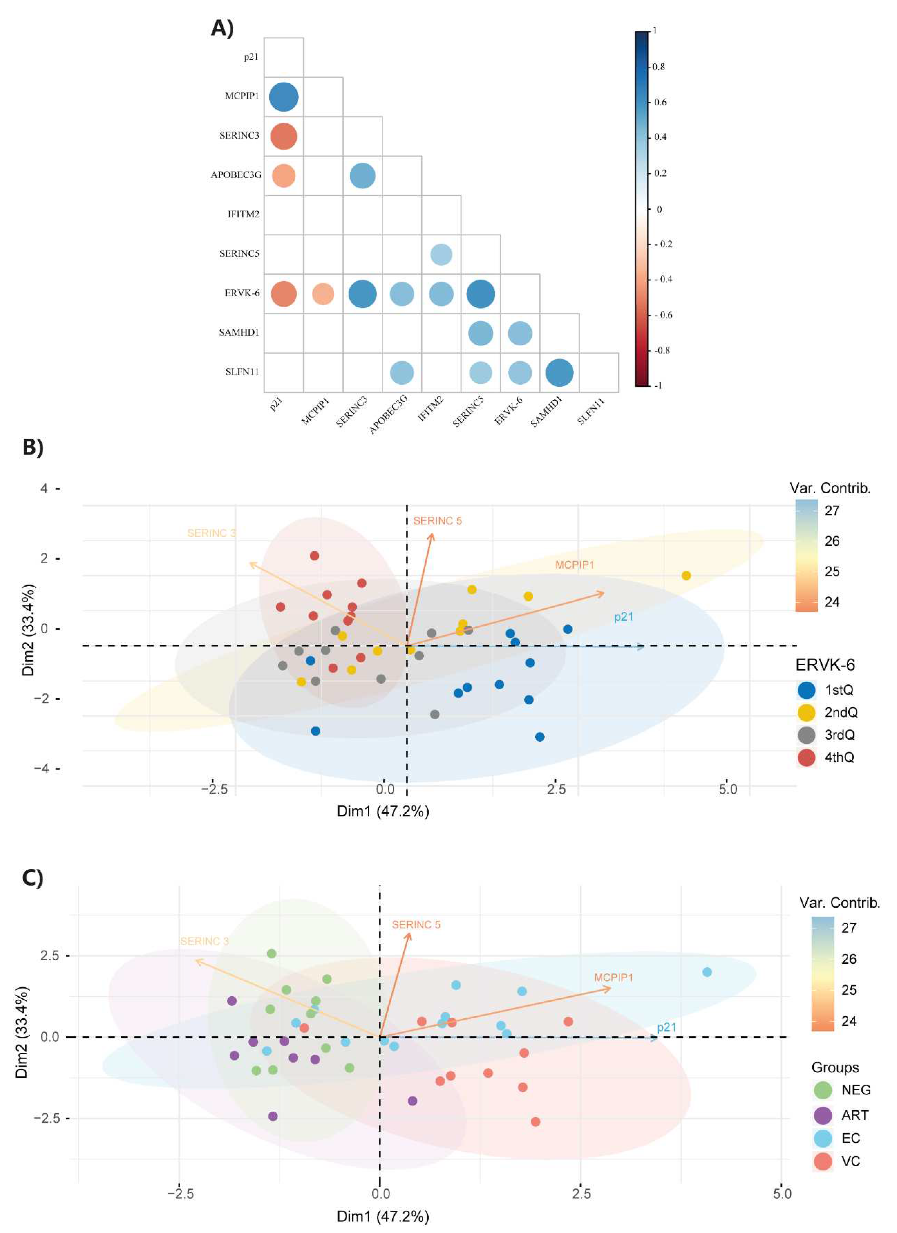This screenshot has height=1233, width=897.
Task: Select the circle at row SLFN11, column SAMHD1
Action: (x=559, y=373)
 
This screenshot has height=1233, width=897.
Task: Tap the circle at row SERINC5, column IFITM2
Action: (x=441, y=254)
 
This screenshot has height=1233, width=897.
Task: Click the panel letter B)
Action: (x=33, y=447)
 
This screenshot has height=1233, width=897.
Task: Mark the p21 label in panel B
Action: (x=624, y=617)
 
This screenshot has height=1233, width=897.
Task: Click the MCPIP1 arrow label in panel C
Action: (x=613, y=978)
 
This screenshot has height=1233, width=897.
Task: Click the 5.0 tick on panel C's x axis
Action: (x=782, y=1194)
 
